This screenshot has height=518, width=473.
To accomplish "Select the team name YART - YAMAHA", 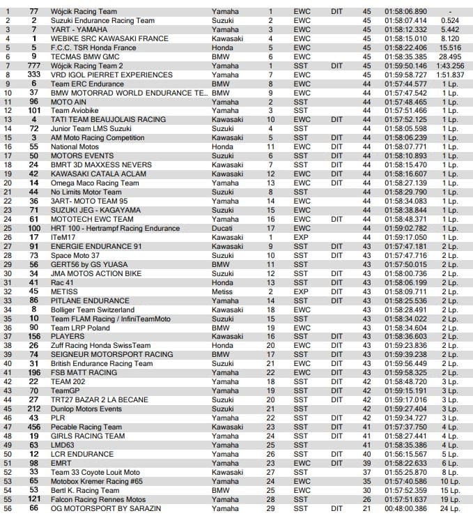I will coord(78,30).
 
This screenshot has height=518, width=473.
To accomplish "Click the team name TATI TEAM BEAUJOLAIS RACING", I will coord(98,119).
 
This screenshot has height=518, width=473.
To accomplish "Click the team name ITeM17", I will coord(62,237).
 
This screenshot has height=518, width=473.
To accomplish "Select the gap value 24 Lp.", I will coord(449,508).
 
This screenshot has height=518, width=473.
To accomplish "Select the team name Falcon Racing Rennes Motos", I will coord(98,499).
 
